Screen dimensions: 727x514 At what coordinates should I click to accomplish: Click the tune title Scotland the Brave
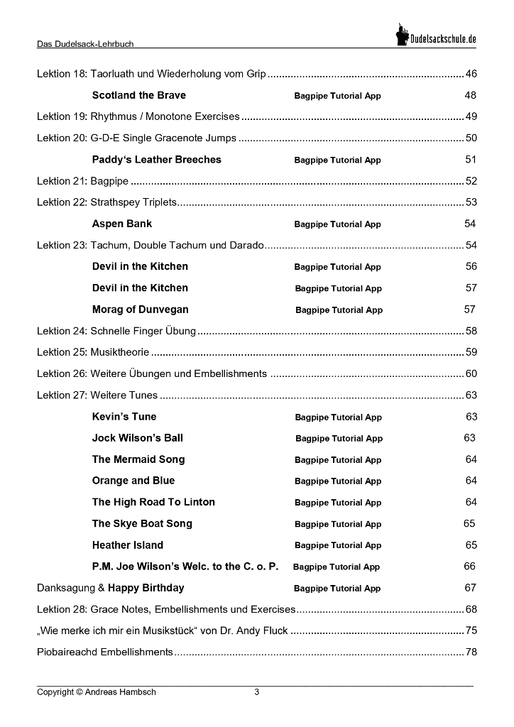[x=139, y=95]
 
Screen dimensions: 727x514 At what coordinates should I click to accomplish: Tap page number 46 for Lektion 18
[x=471, y=74]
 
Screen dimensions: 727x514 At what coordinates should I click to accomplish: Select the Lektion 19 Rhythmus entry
[x=138, y=116]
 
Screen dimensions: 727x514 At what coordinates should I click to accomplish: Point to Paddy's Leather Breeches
[x=157, y=160]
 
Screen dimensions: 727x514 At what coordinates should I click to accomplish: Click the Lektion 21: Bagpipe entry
[x=82, y=181]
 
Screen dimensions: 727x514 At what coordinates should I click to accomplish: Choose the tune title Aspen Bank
[x=122, y=224]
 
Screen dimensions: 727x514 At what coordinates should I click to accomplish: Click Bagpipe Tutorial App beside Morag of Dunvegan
[x=339, y=310]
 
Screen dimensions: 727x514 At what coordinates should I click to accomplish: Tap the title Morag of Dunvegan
[x=141, y=310]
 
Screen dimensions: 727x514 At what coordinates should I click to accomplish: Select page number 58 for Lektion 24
[x=471, y=331]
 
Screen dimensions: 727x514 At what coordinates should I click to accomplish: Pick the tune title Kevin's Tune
[x=124, y=417]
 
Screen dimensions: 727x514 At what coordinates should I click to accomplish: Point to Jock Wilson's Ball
[x=138, y=438]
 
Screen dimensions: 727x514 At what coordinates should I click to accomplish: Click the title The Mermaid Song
[x=138, y=459]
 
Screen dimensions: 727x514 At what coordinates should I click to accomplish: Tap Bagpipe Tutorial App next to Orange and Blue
[x=338, y=481]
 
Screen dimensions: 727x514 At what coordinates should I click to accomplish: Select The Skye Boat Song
[x=142, y=524]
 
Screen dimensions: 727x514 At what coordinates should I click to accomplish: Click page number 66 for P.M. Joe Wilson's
[x=470, y=567]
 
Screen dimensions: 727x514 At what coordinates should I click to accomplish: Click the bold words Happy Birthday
[x=146, y=588]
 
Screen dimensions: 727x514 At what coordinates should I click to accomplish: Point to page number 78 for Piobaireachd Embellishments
[x=471, y=652]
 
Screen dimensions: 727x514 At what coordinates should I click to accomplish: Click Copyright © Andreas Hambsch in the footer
[x=97, y=692]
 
